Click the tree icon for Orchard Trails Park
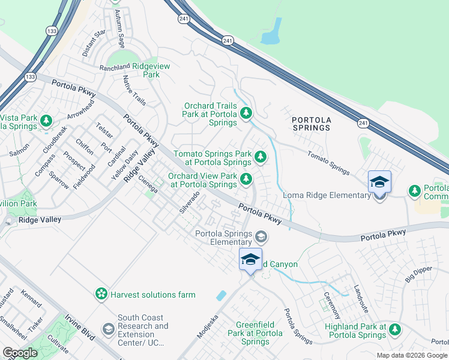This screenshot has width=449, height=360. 246,113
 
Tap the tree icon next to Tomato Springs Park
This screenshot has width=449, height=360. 260,157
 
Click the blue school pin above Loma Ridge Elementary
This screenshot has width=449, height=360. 379,181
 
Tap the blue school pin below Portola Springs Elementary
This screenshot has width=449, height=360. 250,259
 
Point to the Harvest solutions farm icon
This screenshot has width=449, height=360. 102,294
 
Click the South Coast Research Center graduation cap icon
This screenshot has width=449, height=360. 108,329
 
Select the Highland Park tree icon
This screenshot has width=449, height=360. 395,329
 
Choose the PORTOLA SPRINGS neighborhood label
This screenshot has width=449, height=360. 311,124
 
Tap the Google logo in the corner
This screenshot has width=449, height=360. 20,353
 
